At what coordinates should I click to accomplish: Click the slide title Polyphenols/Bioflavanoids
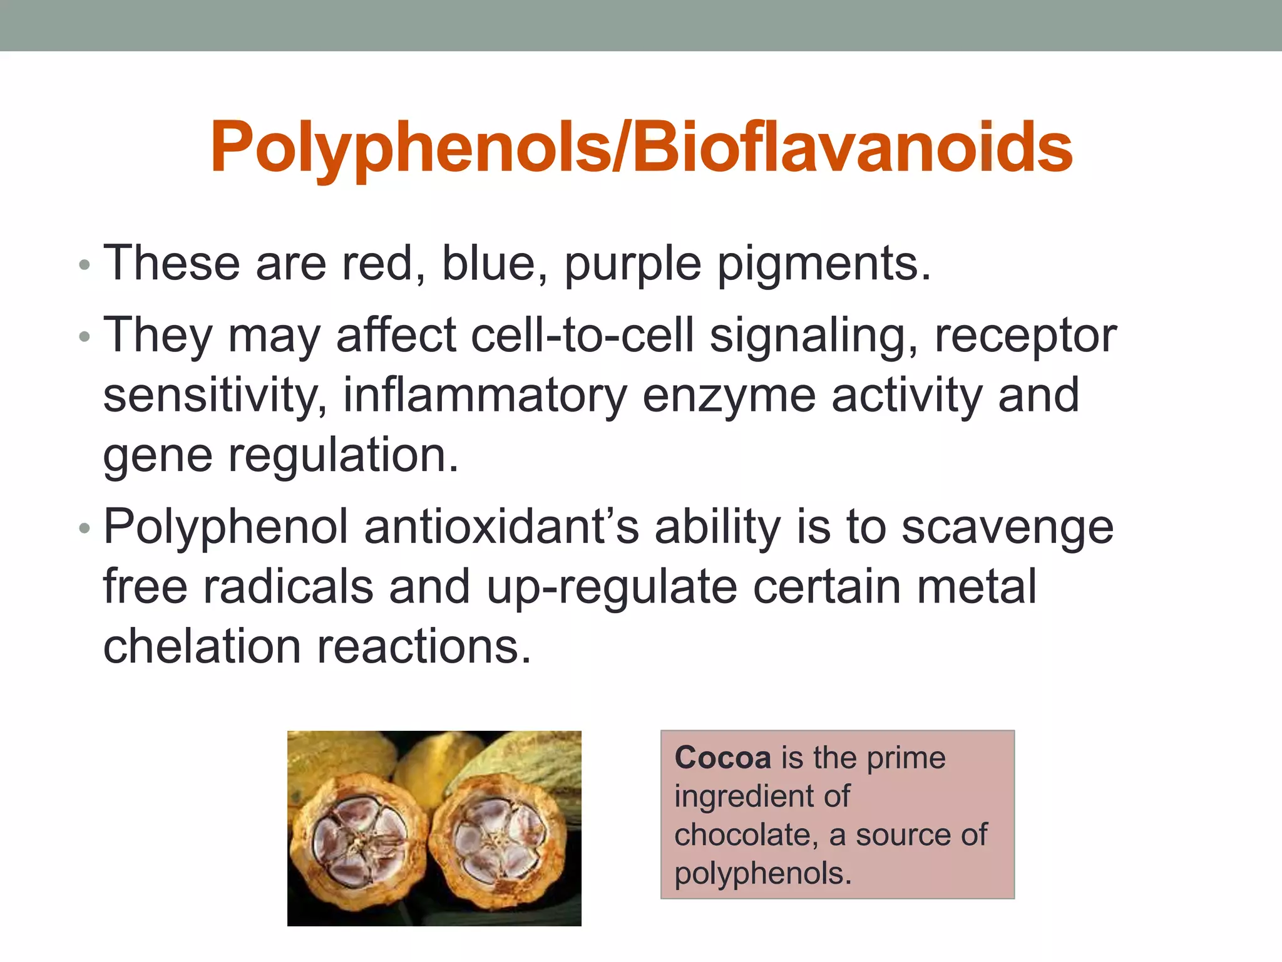[641, 148]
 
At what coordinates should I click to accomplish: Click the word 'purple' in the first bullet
[632, 264]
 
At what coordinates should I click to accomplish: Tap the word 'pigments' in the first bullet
[823, 264]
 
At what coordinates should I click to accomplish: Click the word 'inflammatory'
[485, 396]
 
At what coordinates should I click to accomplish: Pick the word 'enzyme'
[729, 396]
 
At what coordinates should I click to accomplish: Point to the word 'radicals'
[288, 587]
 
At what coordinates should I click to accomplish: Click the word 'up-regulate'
[612, 587]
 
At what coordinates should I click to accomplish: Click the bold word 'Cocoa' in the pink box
[722, 758]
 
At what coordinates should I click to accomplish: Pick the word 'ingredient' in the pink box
[741, 797]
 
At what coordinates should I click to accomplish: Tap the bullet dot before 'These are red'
[85, 266]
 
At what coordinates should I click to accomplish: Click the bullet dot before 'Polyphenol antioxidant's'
[85, 529]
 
